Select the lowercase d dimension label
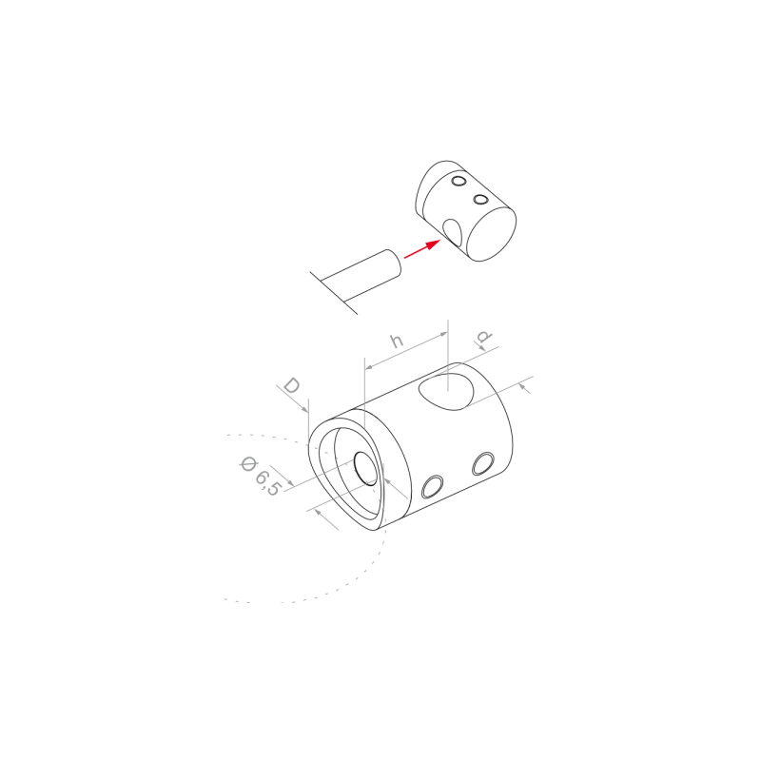click(x=485, y=339)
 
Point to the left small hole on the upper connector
click(x=459, y=181)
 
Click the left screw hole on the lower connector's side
click(x=431, y=487)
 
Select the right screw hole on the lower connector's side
click(x=482, y=463)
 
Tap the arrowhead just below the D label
click(x=305, y=407)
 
